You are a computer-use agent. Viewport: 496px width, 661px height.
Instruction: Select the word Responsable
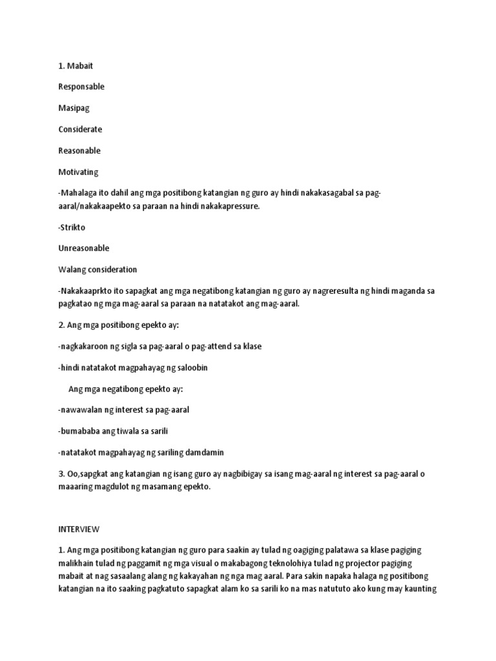pyautogui.click(x=81, y=86)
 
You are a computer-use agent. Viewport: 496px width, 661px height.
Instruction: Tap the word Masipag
pyautogui.click(x=73, y=108)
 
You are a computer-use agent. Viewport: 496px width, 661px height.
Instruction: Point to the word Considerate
pyautogui.click(x=80, y=129)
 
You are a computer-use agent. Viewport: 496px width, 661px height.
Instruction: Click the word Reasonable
pyautogui.click(x=79, y=150)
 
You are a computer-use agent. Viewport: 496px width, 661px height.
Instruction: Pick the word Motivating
pyautogui.click(x=77, y=172)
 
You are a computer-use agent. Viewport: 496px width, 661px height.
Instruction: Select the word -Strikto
pyautogui.click(x=72, y=227)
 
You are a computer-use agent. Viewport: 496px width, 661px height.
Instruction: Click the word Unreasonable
pyautogui.click(x=83, y=248)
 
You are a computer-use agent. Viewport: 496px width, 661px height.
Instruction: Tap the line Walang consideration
pyautogui.click(x=97, y=269)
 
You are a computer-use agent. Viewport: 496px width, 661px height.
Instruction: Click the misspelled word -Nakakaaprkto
pyautogui.click(x=84, y=291)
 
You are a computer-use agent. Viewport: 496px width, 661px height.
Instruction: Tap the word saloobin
pyautogui.click(x=189, y=367)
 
